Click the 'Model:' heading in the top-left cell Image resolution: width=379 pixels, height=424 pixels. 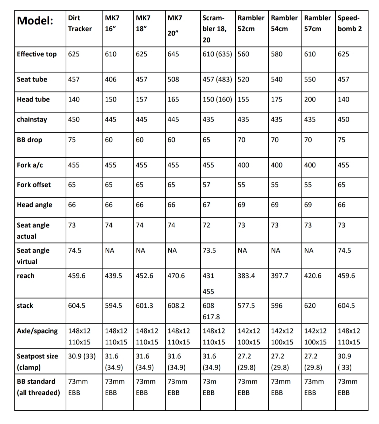click(35, 21)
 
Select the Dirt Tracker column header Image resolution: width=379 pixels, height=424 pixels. click(80, 23)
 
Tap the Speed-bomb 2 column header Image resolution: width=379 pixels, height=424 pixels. click(350, 23)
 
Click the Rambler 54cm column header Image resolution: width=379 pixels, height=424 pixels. click(284, 23)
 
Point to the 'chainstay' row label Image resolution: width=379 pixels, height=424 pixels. click(32, 119)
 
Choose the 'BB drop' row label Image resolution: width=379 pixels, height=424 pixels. click(29, 140)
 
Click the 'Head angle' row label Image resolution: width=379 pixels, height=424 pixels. click(34, 205)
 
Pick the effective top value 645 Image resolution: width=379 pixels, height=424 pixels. click(173, 54)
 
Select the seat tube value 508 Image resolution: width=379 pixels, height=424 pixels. click(173, 79)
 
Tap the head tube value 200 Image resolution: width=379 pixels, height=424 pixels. click(310, 99)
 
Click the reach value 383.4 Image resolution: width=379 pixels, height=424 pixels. click(246, 276)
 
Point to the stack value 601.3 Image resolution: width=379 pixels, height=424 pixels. click(145, 306)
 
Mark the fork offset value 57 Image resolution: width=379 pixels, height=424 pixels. click(207, 185)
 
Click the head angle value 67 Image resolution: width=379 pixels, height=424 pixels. click(207, 205)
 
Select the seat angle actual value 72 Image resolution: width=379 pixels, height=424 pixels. click(207, 225)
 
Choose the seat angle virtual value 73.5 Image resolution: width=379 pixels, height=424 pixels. click(210, 250)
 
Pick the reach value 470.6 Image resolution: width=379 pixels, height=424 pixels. click(176, 276)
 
